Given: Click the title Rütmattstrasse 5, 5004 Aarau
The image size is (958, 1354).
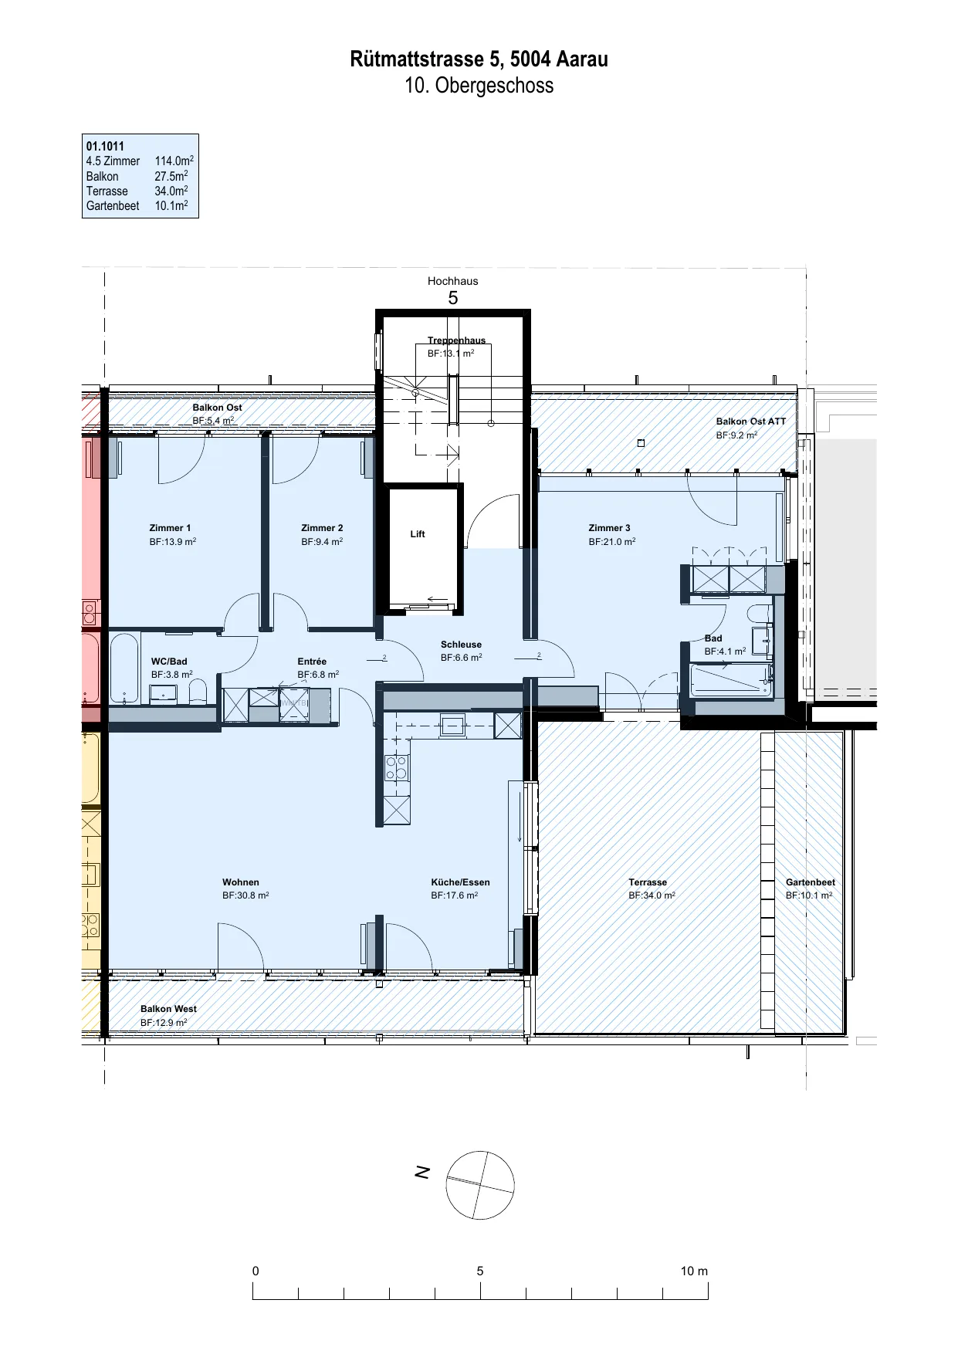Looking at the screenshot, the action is [479, 59].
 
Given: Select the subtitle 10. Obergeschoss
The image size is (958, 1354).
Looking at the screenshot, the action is [479, 85].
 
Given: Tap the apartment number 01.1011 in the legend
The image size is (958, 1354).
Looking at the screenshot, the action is [105, 146].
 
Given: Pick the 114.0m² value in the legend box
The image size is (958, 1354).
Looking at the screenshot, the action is [174, 161].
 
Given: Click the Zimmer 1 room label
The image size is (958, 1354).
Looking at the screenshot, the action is [170, 528].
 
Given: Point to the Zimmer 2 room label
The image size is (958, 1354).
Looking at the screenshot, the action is [322, 528].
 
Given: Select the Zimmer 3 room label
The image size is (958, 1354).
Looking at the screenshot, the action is [609, 528].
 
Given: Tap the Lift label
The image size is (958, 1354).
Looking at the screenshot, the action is [418, 534].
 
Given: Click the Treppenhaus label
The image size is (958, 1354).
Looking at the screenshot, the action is [457, 340].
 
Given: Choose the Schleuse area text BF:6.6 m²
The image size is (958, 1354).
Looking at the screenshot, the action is [462, 658].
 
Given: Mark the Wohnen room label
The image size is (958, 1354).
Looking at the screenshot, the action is [241, 882].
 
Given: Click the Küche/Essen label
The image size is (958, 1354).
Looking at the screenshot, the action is [460, 882].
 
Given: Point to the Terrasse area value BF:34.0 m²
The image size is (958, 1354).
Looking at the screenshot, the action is [652, 895].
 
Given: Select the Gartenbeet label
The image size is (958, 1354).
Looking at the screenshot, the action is [811, 882].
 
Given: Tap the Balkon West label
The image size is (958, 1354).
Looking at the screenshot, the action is [168, 1009].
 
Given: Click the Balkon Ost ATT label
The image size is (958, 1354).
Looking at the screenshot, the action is [750, 421].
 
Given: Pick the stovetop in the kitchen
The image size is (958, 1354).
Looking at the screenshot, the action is [397, 768].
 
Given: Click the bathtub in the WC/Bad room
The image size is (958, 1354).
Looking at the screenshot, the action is [124, 668].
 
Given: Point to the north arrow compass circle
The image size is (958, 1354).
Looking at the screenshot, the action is [480, 1185].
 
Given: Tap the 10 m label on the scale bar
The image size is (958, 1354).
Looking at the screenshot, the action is [694, 1271].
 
